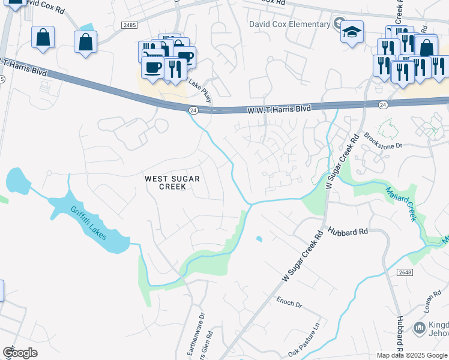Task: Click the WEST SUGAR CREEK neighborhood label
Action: point(171,182)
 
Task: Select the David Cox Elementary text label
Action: point(290,24)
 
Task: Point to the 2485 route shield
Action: point(129,25)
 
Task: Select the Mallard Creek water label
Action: point(400,203)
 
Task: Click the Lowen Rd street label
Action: point(428,315)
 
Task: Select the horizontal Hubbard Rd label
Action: point(348,232)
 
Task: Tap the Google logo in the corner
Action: point(20,353)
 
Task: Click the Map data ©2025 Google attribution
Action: point(412,355)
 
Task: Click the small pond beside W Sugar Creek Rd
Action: point(259,239)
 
